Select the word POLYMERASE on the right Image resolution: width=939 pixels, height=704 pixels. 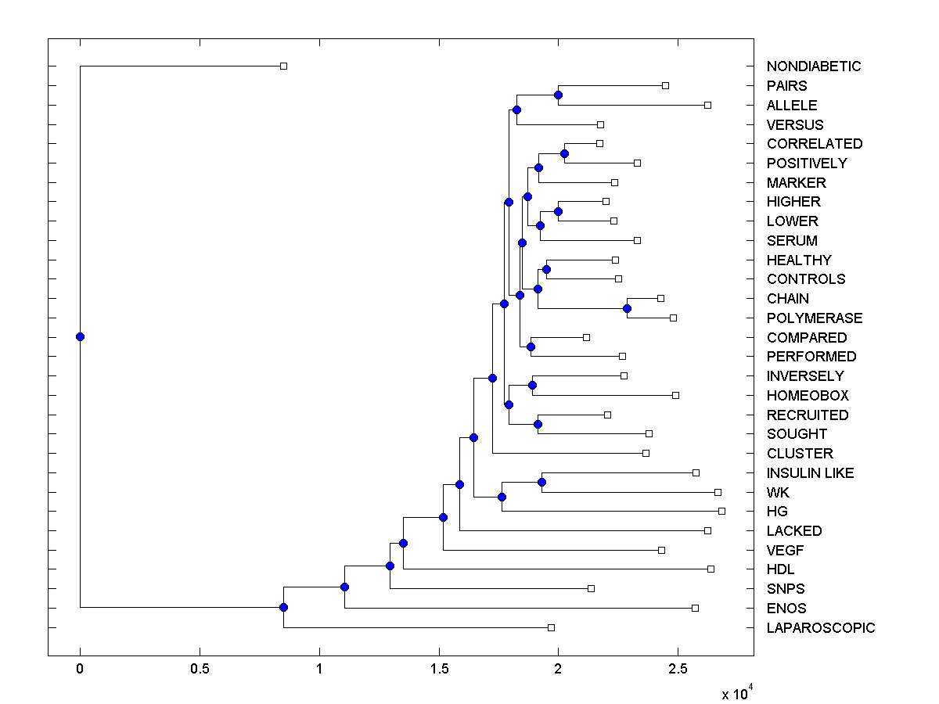[x=815, y=318]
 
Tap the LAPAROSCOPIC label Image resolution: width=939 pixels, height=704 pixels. [x=821, y=628]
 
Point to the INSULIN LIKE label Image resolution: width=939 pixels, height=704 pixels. [x=810, y=473]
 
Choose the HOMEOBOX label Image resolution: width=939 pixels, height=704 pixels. [x=808, y=396]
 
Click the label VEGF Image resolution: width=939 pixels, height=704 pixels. [x=784, y=551]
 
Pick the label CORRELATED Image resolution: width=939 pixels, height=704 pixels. [x=815, y=144]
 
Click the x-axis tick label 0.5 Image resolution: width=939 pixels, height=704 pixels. [x=200, y=670]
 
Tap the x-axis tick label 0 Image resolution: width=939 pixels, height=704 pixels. [x=80, y=670]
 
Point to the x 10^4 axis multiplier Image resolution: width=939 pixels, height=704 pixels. [x=736, y=693]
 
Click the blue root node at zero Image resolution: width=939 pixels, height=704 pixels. [x=80, y=337]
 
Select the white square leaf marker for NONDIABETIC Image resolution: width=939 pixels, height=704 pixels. [x=284, y=66]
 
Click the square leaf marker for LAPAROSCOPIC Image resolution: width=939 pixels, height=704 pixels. [x=551, y=627]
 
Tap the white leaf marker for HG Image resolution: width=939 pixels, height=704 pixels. [x=721, y=511]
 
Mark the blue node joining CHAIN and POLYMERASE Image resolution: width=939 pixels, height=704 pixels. [x=628, y=308]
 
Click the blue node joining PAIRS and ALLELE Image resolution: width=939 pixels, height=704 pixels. [x=558, y=95]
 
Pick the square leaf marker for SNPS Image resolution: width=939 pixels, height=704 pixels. [x=591, y=588]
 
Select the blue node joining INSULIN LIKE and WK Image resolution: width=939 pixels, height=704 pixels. [x=541, y=482]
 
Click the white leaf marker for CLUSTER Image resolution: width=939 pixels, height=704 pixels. [x=646, y=453]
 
